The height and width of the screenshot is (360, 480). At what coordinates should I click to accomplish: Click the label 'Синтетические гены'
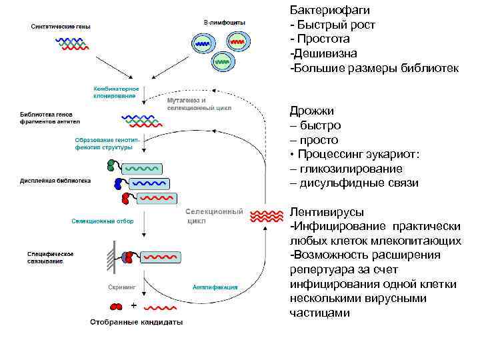pyautogui.click(x=61, y=27)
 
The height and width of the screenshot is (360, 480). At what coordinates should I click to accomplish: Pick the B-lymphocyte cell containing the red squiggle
pyautogui.click(x=238, y=41)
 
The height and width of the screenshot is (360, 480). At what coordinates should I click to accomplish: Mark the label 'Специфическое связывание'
pyautogui.click(x=50, y=257)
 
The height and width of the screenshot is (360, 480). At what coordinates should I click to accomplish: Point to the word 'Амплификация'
pyautogui.click(x=215, y=287)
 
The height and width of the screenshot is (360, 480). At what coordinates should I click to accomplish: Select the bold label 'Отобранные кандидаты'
pyautogui.click(x=136, y=321)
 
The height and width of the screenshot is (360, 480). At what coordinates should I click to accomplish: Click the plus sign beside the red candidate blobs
pyautogui.click(x=133, y=305)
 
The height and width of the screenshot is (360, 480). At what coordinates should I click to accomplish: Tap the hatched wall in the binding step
pyautogui.click(x=108, y=256)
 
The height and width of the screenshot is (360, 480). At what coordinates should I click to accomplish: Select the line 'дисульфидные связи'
pyautogui.click(x=354, y=183)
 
